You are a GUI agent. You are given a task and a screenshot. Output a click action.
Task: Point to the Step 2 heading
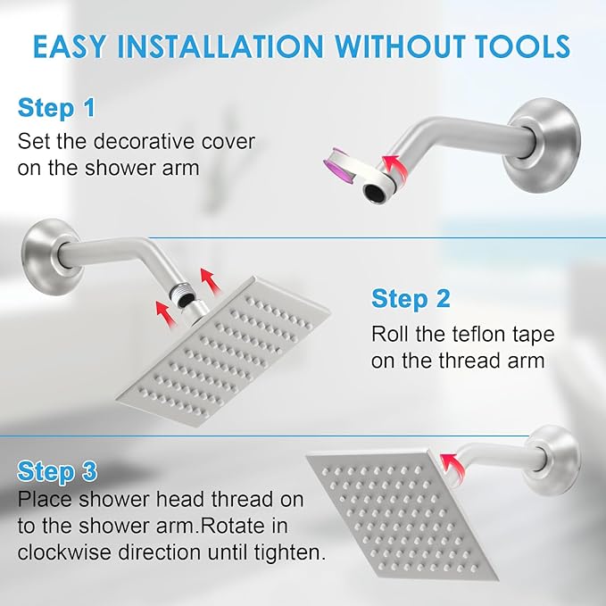pyautogui.click(x=411, y=298)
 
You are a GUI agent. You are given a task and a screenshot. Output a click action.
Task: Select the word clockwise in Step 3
pyautogui.click(x=59, y=552)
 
